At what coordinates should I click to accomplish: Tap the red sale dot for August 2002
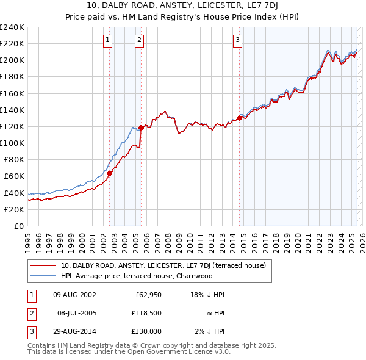(110, 173)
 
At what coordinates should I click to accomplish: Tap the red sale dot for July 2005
(141, 128)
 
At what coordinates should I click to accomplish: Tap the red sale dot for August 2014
(239, 118)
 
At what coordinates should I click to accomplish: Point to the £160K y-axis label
(12, 93)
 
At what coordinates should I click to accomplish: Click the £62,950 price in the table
(147, 295)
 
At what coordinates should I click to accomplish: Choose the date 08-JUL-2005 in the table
(76, 313)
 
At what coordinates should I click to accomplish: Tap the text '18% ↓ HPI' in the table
(207, 295)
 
